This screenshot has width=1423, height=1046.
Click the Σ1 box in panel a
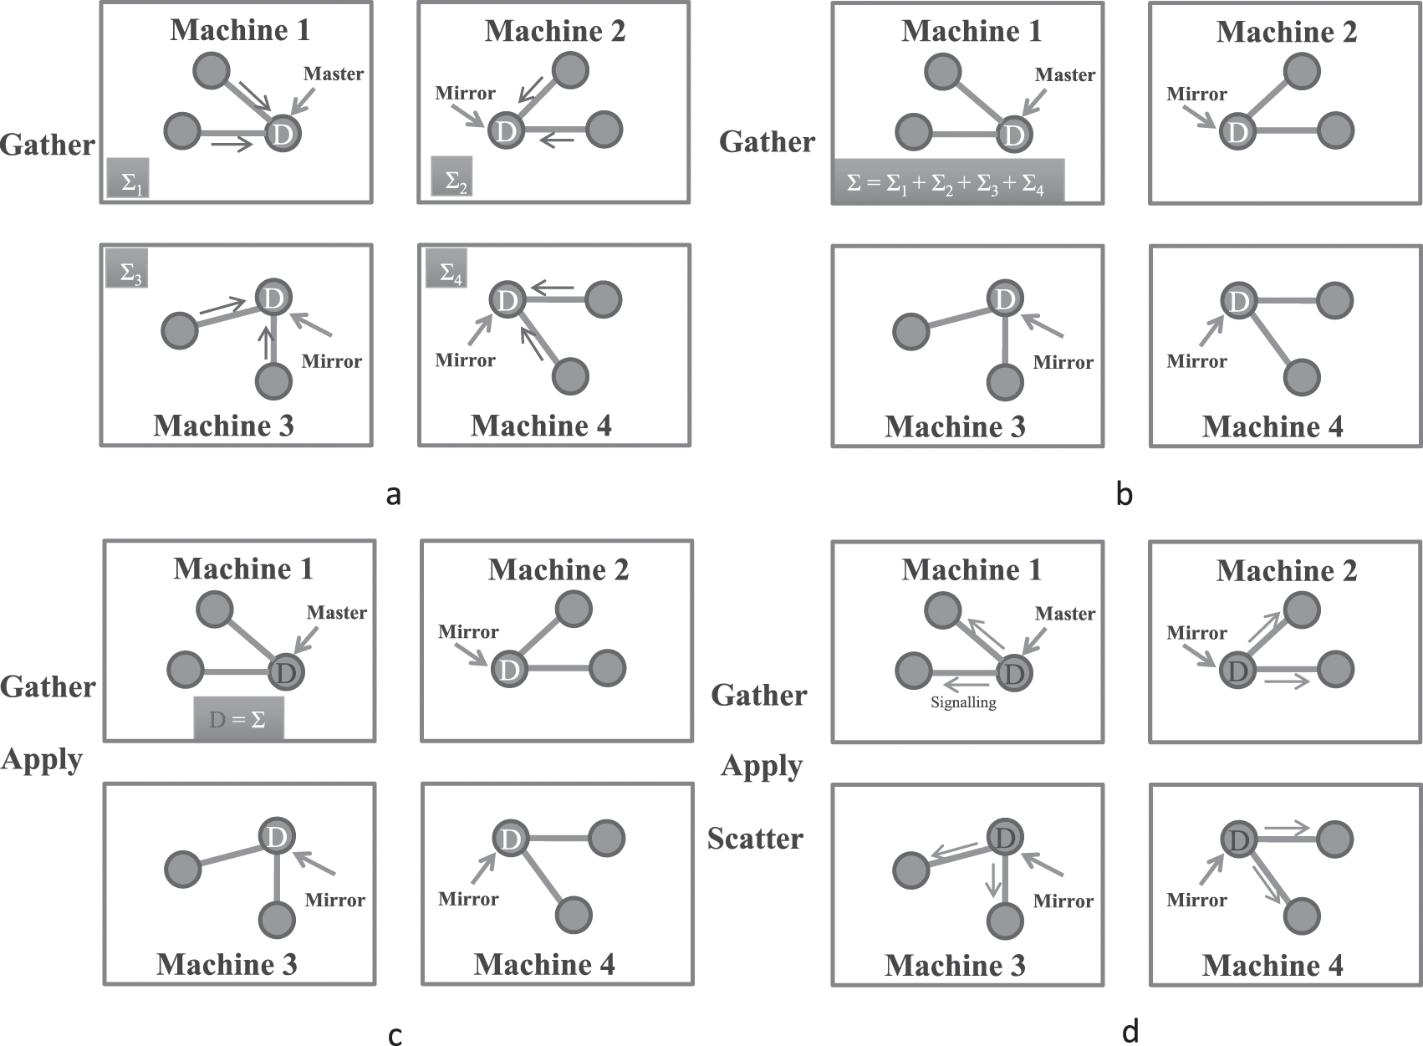pos(128,178)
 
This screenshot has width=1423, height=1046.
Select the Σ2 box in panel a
pos(452,176)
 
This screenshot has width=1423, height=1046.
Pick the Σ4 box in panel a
pos(446,268)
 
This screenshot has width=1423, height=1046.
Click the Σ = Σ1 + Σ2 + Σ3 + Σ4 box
pos(947,181)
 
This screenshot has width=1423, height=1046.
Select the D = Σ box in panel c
pos(238,718)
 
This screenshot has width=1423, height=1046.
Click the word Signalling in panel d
pos(963,702)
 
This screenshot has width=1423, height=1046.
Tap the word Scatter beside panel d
pos(755,839)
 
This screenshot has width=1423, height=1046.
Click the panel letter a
pos(394,495)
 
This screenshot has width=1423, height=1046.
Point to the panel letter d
pos(1130,1033)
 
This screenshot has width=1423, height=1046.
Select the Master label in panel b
pos(1064,75)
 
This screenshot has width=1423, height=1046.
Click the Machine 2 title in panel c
pos(558,570)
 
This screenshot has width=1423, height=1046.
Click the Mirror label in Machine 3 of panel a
pos(331,362)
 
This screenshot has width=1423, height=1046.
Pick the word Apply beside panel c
pos(42,759)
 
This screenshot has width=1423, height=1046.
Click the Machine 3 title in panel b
pos(955,427)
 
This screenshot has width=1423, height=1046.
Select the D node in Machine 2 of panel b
pos(1237,132)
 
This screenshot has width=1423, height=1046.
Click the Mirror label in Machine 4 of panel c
pos(468,900)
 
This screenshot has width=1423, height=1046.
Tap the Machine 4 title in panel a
pos(541,426)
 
